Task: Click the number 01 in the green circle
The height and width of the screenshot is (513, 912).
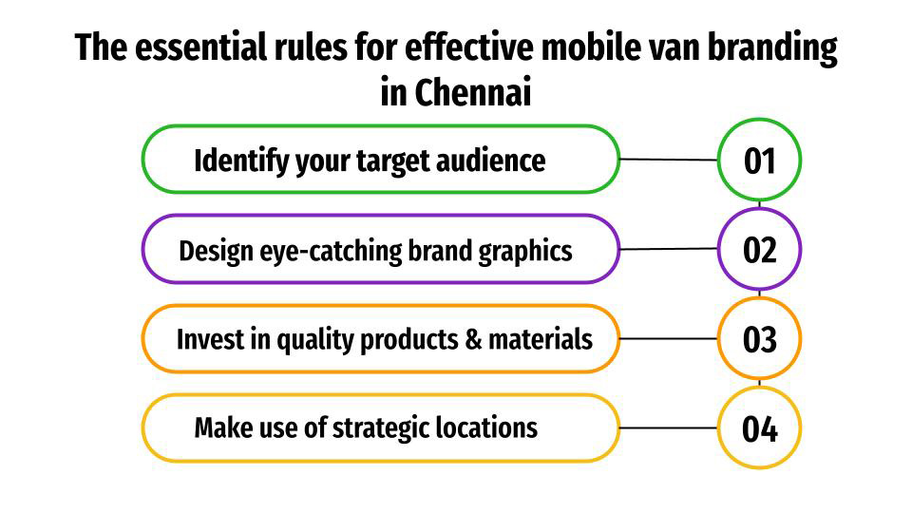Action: pyautogui.click(x=760, y=161)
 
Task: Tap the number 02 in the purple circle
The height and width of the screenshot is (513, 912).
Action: pyautogui.click(x=760, y=250)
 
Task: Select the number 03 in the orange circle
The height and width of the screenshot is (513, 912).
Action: pyautogui.click(x=760, y=339)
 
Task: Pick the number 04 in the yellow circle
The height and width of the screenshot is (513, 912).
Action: pyautogui.click(x=760, y=428)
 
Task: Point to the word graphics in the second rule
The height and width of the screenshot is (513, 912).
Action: pyautogui.click(x=527, y=251)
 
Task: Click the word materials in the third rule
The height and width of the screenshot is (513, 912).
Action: pyautogui.click(x=541, y=339)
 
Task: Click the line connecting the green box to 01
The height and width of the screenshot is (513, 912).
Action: pyautogui.click(x=668, y=160)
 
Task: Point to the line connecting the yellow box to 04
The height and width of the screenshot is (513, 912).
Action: pyautogui.click(x=668, y=427)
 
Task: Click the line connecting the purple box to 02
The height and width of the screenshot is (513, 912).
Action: pyautogui.click(x=668, y=249)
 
